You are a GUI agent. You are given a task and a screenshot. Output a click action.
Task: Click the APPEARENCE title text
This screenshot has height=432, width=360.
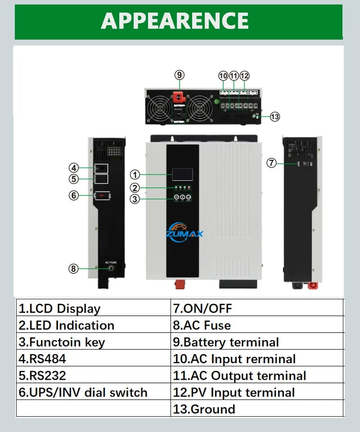pyautogui.click(x=175, y=21)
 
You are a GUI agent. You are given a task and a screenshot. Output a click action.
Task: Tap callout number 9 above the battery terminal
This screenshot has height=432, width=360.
pyautogui.click(x=180, y=75)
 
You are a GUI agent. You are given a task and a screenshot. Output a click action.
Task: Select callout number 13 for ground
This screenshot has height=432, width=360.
pyautogui.click(x=274, y=117)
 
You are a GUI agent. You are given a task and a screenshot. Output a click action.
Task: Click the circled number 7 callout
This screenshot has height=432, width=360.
pyautogui.click(x=271, y=163)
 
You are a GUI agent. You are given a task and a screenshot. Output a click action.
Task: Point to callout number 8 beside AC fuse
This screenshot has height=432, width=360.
pyautogui.click(x=74, y=269)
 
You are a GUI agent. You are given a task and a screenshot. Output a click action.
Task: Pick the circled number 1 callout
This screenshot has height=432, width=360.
pyautogui.click(x=135, y=175)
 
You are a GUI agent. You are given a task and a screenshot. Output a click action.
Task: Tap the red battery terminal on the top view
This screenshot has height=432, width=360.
pyautogui.click(x=180, y=97)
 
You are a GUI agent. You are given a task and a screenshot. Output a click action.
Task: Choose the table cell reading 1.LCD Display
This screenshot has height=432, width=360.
pyautogui.click(x=93, y=309)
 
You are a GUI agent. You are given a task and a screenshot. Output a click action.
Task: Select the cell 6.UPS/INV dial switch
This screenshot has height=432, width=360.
pyautogui.click(x=93, y=392)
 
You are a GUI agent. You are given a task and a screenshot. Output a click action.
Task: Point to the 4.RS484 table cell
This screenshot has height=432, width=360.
pyautogui.click(x=93, y=359)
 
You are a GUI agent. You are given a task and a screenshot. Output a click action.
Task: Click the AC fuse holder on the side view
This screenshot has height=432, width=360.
pyautogui.click(x=111, y=269)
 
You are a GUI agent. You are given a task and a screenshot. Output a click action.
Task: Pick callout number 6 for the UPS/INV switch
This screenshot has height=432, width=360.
pyautogui.click(x=74, y=195)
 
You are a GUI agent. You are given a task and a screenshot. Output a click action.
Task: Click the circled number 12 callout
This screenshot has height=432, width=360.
pyautogui.click(x=244, y=76)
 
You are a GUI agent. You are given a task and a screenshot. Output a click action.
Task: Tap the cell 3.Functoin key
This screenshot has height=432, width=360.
pyautogui.click(x=93, y=342)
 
